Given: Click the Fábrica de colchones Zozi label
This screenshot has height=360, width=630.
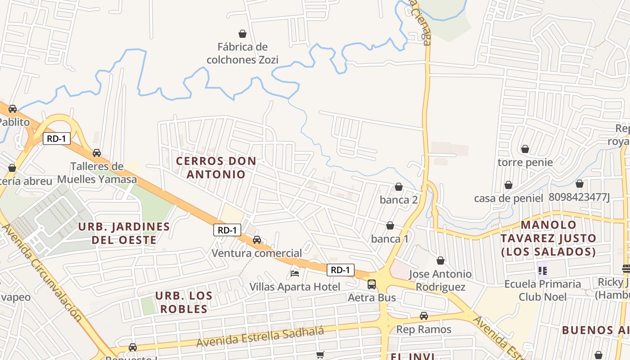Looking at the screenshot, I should (243, 53).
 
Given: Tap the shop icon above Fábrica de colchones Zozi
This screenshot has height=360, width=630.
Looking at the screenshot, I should (243, 34).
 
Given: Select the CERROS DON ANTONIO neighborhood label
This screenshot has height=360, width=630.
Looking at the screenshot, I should (216, 167).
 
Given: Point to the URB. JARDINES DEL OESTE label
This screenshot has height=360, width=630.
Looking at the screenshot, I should (124, 233).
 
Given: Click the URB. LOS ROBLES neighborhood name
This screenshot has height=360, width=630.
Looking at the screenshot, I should (184, 302).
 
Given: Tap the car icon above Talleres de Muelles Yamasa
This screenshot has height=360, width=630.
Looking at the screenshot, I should (97, 153).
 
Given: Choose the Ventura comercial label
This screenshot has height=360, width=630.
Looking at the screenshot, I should (257, 253).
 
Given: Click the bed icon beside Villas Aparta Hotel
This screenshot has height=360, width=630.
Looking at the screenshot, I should (295, 273).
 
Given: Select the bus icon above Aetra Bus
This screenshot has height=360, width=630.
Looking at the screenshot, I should (372, 284).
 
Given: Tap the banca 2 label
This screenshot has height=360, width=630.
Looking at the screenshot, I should (399, 200).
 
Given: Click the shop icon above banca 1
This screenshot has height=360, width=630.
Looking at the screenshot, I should (390, 225).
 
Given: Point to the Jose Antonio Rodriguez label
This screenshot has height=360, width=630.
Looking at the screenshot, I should (441, 280).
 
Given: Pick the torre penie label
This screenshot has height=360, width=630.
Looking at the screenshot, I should (525, 162).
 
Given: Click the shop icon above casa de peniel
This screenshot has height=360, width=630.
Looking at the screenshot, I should (508, 185).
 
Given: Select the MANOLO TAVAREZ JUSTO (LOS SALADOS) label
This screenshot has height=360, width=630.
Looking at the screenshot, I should (549, 238).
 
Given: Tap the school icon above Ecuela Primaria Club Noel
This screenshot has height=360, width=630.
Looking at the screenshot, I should (543, 271).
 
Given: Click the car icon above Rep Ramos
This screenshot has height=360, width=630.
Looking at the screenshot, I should (424, 316).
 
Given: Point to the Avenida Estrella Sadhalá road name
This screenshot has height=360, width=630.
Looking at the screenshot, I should (260, 337).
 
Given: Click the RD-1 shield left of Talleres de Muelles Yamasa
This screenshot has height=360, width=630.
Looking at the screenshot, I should (57, 139).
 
